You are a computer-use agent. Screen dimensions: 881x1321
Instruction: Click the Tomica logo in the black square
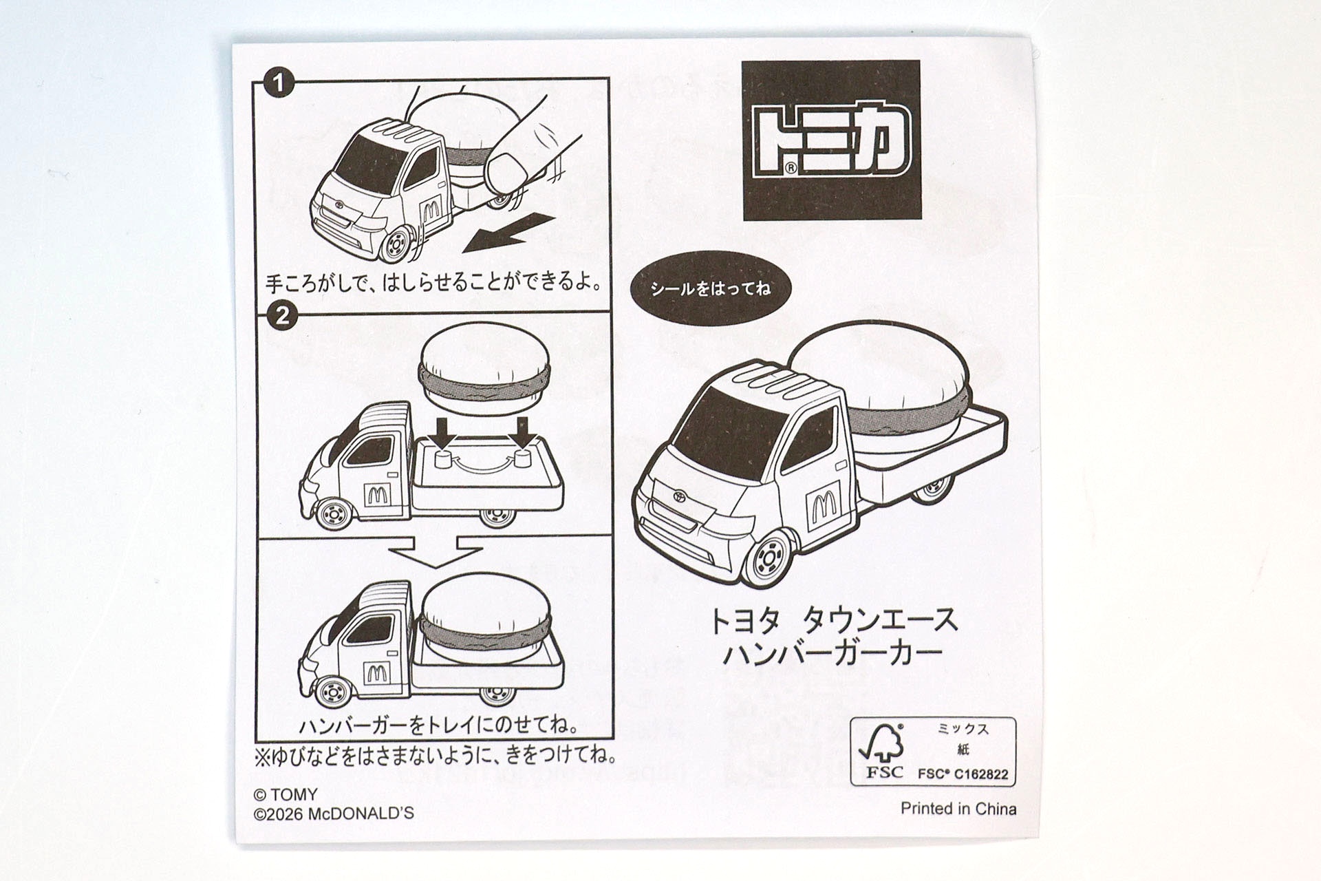(831, 140)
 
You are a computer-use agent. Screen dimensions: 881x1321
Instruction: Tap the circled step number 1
(278, 85)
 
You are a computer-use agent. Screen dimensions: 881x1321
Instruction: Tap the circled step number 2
(281, 317)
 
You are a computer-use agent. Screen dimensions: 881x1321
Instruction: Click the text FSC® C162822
(963, 774)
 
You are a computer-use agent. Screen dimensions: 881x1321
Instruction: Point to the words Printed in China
(958, 809)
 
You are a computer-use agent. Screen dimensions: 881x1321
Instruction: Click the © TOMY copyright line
(286, 795)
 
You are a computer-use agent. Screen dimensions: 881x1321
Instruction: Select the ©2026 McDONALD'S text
(334, 814)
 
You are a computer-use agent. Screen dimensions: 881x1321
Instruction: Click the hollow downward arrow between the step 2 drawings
(434, 552)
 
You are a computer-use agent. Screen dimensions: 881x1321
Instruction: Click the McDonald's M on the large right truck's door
(821, 504)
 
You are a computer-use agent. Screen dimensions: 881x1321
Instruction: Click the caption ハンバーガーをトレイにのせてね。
(438, 725)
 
